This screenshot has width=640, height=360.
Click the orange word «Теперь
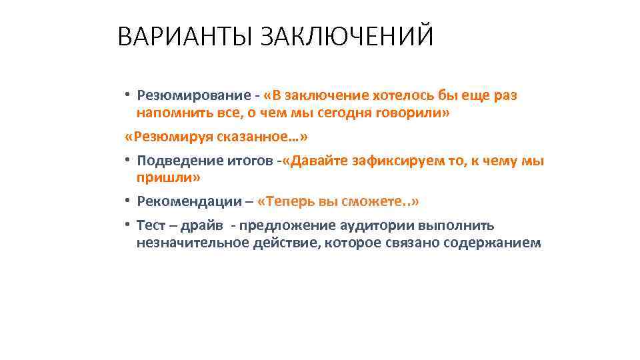click(x=284, y=201)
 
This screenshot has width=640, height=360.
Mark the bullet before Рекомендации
click(x=127, y=201)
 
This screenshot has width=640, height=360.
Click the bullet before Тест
click(x=127, y=225)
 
